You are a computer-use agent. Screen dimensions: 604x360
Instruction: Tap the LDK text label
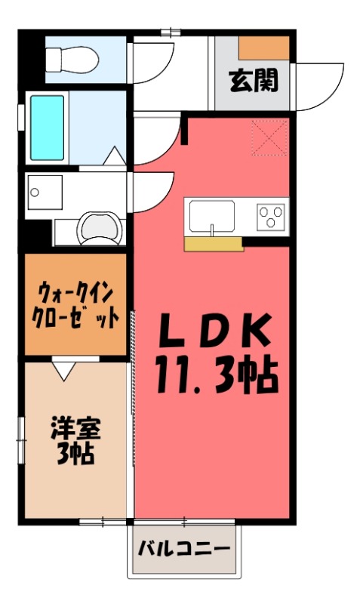pos(213,330)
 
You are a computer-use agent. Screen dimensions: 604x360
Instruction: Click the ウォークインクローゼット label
pos(75,304)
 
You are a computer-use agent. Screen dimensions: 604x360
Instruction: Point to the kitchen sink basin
pos(212,217)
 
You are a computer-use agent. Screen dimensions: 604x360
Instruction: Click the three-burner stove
pos(272,217)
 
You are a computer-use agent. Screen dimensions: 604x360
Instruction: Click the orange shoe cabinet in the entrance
pos(264,47)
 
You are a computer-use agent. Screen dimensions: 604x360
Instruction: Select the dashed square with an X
pos(269,137)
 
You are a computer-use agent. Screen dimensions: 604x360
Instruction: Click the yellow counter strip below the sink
pos(214,243)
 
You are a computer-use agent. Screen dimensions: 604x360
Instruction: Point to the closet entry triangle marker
pos(63,369)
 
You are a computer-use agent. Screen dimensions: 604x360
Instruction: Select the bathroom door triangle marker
pos(114,156)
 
